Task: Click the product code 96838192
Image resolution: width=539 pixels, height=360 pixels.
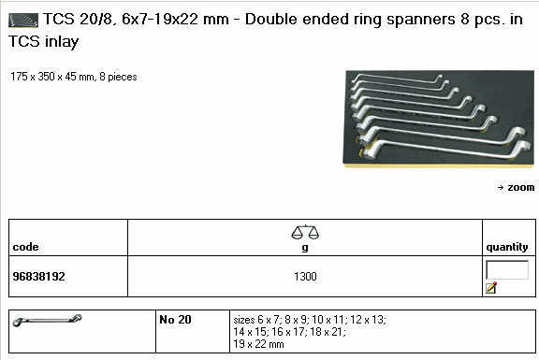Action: [38, 277]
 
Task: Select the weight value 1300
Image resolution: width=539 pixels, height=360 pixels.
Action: [305, 277]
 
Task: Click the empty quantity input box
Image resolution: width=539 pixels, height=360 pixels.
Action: [507, 270]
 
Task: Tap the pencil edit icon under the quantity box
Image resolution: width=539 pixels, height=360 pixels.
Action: [491, 287]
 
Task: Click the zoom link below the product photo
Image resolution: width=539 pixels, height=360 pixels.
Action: [516, 188]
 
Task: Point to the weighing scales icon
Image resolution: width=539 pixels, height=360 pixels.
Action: [305, 232]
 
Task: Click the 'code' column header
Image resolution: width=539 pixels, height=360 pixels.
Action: [25, 247]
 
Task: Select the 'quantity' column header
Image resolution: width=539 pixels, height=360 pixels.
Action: [507, 247]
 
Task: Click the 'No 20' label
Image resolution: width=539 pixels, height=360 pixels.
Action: [175, 320]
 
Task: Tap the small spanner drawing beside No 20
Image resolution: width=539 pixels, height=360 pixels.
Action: [47, 321]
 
